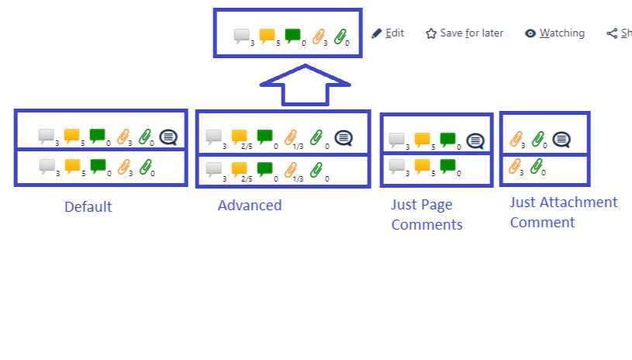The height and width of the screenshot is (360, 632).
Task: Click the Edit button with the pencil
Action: point(387,33)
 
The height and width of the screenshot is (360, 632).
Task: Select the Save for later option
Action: point(464,33)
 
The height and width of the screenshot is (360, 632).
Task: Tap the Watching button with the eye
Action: point(554,33)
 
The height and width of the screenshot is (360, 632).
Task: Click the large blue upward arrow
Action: point(306,85)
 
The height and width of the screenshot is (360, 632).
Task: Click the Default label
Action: point(88,207)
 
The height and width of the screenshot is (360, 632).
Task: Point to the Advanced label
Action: point(250,206)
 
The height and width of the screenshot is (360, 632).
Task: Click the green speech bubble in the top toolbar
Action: point(292,35)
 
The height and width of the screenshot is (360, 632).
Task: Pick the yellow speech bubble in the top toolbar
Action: point(267,35)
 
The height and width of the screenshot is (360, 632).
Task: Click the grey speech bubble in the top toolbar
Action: point(242,35)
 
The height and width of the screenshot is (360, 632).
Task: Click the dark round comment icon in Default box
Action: point(168,137)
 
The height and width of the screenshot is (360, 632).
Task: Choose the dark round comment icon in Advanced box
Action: point(344,138)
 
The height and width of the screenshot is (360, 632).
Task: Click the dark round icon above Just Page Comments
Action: point(475,140)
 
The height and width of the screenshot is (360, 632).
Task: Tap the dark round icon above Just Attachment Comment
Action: point(561,140)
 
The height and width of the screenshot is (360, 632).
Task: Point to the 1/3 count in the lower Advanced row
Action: point(298,178)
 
